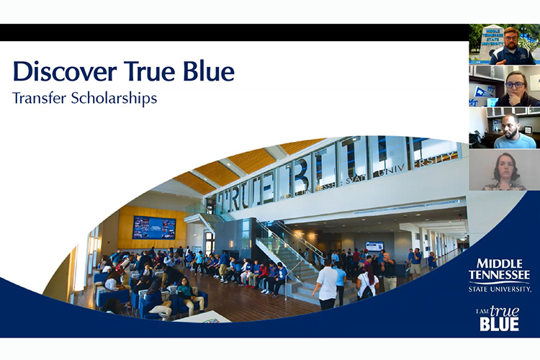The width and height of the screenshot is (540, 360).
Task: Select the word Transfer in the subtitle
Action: [40, 99]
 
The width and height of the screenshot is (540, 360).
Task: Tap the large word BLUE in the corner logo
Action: [499, 323]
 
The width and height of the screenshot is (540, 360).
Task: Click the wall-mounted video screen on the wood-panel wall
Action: [154, 228]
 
